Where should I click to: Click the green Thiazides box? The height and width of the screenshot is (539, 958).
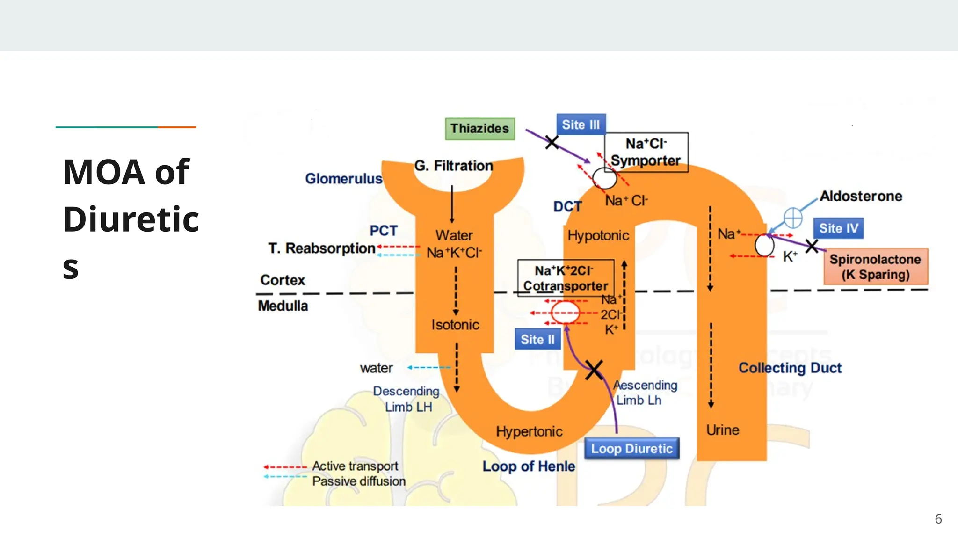click(x=479, y=129)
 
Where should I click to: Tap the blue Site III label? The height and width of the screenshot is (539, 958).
click(x=581, y=124)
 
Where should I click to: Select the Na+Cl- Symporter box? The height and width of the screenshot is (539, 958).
click(x=646, y=152)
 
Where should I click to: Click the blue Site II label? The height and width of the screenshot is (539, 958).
click(x=537, y=340)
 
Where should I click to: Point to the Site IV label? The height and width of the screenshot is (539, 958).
click(x=838, y=228)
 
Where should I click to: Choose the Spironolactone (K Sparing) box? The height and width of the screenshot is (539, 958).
click(x=875, y=267)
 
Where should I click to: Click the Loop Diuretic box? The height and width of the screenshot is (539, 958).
click(x=631, y=449)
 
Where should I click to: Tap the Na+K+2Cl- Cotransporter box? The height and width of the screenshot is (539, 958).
click(x=566, y=278)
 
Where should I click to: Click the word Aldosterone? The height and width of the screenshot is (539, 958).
click(x=861, y=196)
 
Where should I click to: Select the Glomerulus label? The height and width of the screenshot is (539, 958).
click(x=343, y=179)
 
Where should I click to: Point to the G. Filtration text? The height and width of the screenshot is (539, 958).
click(x=453, y=166)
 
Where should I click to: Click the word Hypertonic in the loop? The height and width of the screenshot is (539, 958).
click(x=529, y=431)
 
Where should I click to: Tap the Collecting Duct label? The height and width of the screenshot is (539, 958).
click(x=790, y=368)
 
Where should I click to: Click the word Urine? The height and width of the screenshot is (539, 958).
click(x=722, y=430)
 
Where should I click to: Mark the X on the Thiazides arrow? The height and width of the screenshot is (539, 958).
click(x=552, y=142)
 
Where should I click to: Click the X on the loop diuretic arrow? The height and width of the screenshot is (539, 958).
click(x=594, y=370)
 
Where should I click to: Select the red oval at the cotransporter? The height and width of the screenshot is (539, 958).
click(x=565, y=313)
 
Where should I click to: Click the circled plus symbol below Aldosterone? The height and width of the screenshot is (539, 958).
click(x=793, y=218)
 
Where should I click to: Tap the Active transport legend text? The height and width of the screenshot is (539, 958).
click(x=355, y=466)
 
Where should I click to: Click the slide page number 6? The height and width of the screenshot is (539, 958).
click(x=938, y=519)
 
